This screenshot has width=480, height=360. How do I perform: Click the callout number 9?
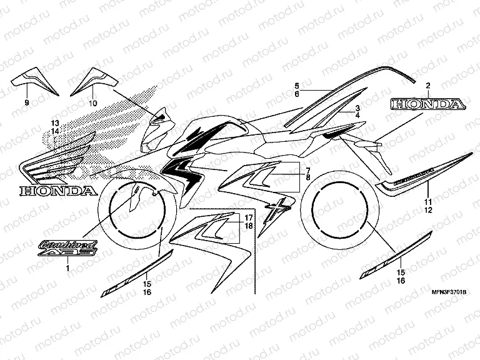tap(27, 102)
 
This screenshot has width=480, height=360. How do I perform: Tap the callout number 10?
tap(93, 102)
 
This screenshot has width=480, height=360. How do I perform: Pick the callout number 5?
tap(297, 84)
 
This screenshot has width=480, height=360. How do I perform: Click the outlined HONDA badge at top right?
tap(428, 105)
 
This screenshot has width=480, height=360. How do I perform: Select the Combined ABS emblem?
tap(67, 248)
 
